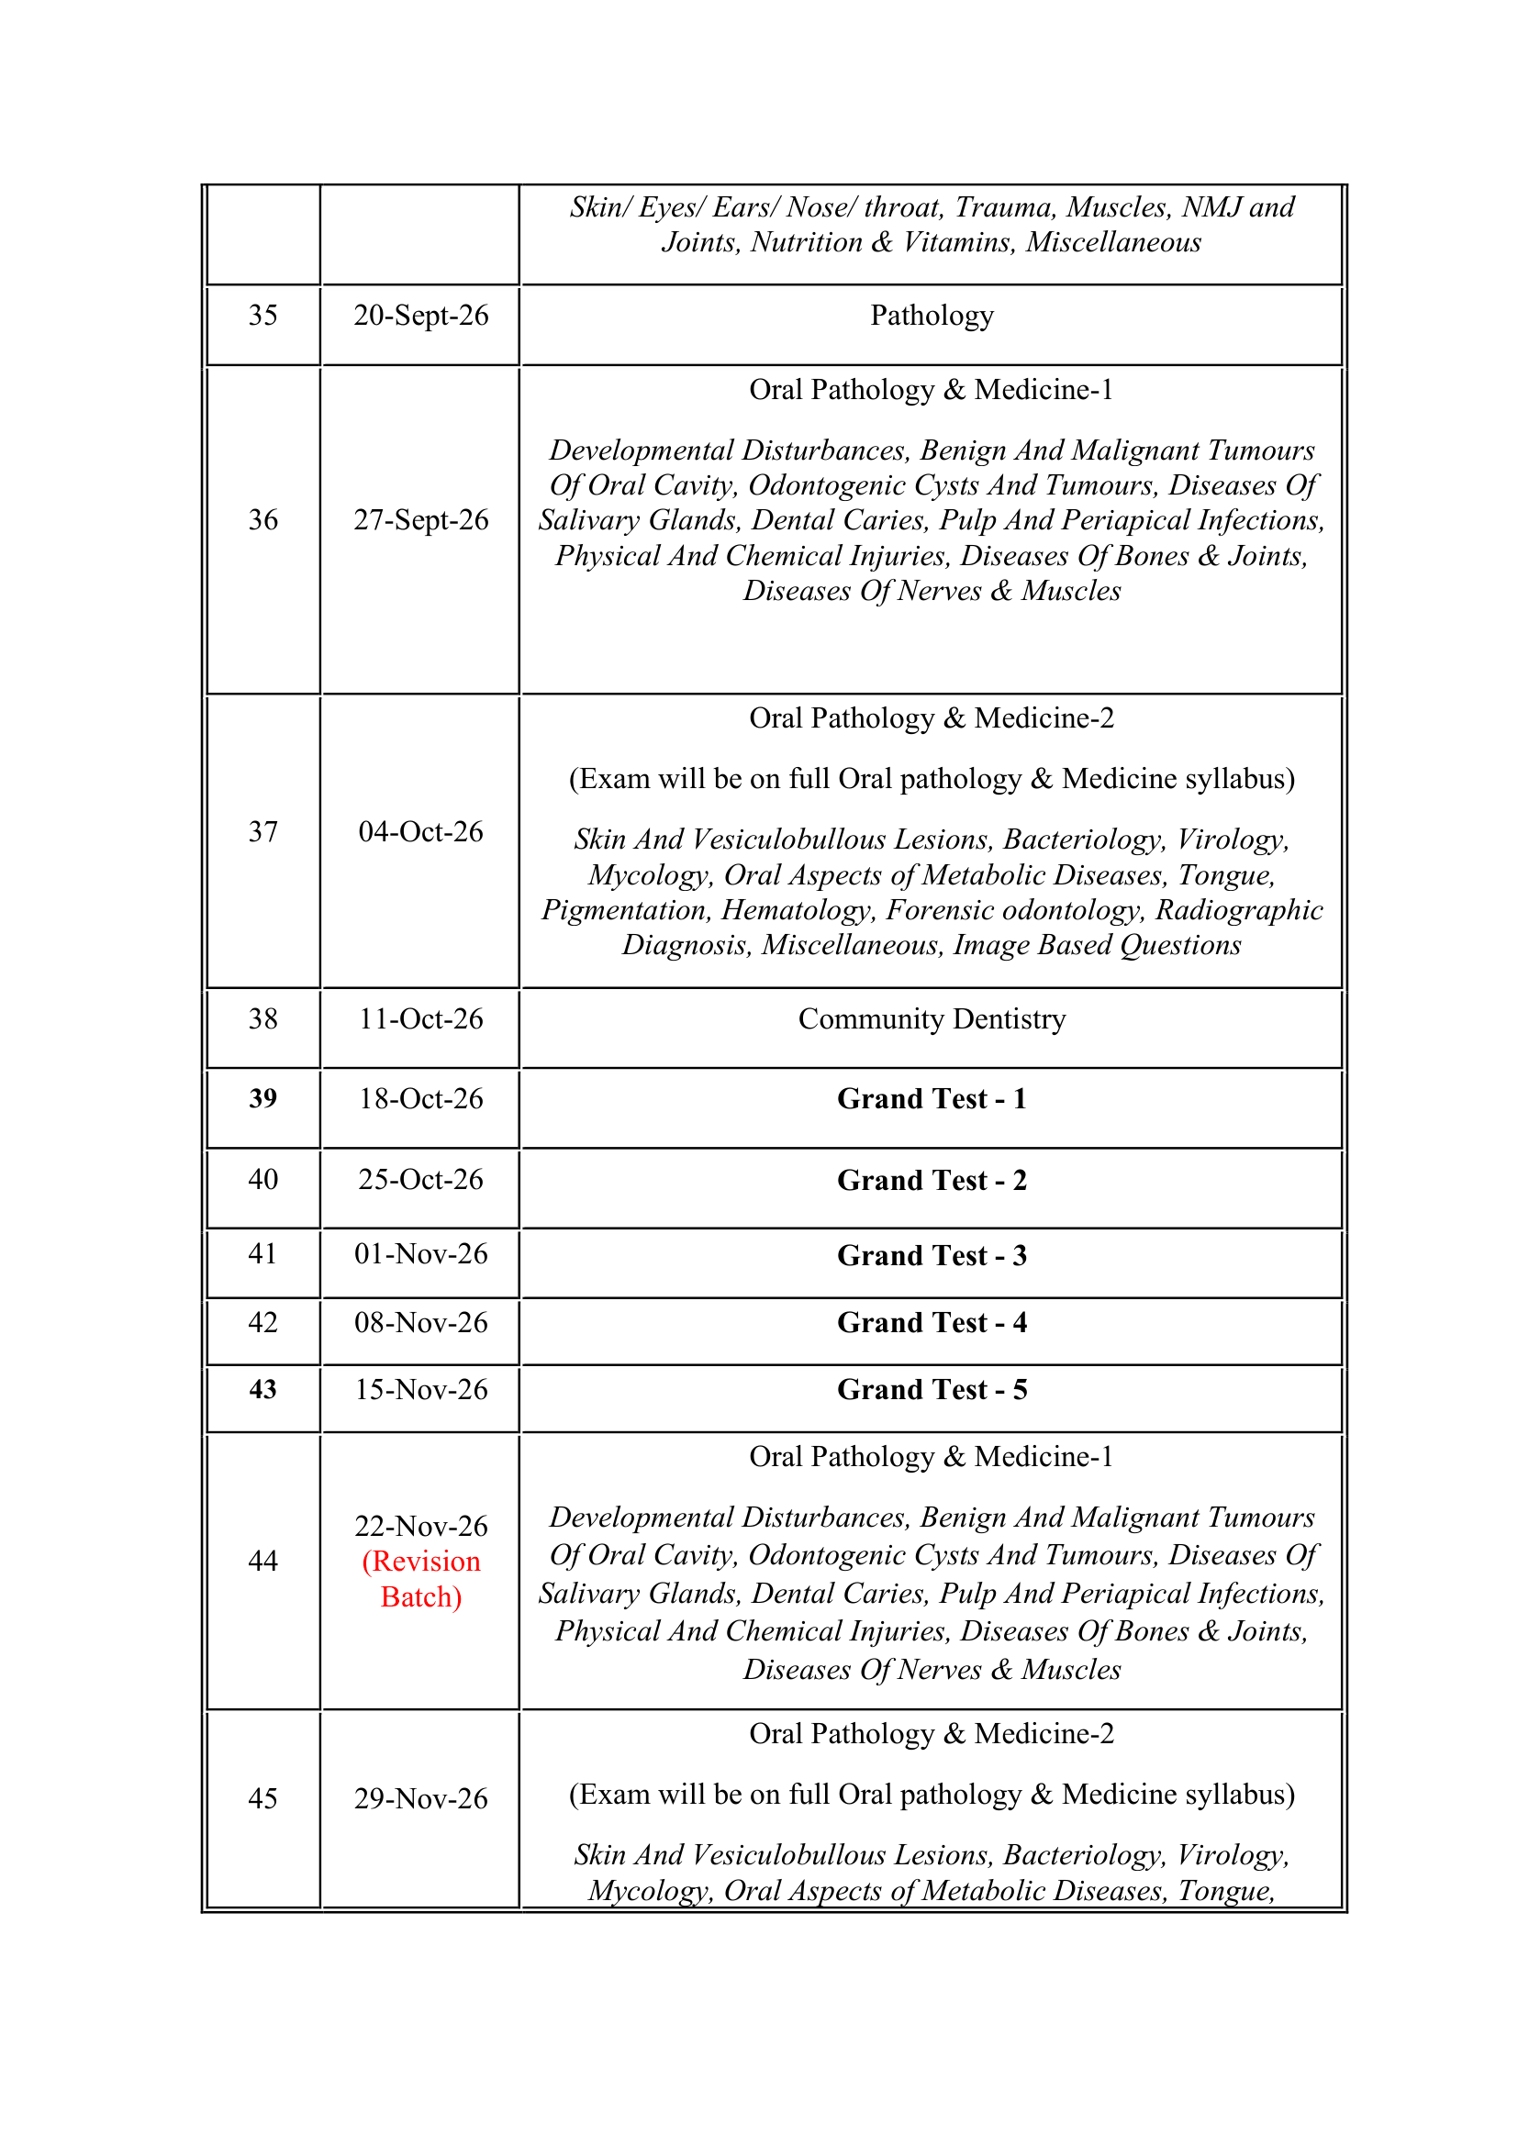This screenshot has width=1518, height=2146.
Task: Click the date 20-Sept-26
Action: point(420,316)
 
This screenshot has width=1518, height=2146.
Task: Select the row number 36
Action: point(262,520)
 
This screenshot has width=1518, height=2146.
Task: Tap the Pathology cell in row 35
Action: point(931,316)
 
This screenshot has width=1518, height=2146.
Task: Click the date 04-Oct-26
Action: point(420,832)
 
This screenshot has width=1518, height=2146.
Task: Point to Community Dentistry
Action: point(931,1018)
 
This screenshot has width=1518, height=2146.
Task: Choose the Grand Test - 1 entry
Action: point(931,1099)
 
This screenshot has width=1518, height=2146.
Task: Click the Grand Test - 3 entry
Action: point(931,1255)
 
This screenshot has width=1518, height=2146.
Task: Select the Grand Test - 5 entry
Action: point(931,1390)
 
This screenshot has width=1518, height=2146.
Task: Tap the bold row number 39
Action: point(262,1099)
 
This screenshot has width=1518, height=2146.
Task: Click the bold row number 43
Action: point(262,1390)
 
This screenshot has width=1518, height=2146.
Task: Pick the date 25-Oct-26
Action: point(420,1180)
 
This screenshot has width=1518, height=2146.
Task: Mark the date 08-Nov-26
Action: point(420,1323)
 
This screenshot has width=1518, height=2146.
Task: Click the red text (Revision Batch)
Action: point(420,1580)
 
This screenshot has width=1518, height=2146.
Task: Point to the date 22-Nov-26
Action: point(420,1527)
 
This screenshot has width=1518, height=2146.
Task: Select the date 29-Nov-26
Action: point(420,1798)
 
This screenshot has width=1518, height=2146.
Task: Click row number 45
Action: point(262,1798)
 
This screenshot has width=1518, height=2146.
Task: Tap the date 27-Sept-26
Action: point(420,520)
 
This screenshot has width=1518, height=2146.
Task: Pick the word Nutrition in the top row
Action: point(807,243)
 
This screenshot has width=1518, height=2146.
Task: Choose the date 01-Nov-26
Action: point(420,1254)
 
